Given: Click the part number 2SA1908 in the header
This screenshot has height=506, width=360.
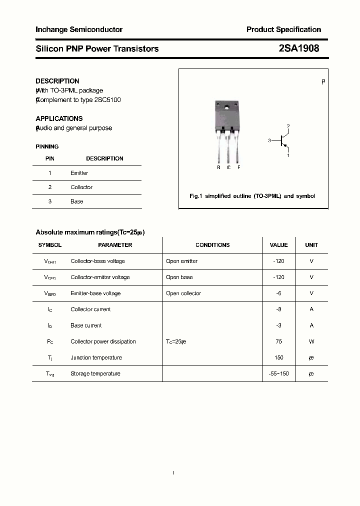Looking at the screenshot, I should [299, 48].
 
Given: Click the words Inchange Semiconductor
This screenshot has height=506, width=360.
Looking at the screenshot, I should [79, 29].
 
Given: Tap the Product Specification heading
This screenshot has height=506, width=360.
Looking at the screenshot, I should [283, 29].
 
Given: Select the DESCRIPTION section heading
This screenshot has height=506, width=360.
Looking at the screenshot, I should [57, 81].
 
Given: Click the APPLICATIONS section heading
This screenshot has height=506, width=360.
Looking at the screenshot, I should [59, 119].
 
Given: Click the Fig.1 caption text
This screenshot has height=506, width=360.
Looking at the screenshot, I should [252, 196].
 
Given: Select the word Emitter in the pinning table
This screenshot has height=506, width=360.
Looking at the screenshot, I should [79, 173].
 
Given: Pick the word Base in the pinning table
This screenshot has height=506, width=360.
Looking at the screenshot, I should [76, 201].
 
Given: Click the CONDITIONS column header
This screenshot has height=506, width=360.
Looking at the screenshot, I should [212, 245].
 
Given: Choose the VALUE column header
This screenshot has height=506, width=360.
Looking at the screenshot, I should [278, 245].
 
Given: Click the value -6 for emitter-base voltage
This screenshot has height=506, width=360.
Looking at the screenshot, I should [278, 293].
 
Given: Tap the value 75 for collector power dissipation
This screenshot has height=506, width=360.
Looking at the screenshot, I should [278, 341].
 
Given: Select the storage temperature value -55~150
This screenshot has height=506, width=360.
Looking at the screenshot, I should [278, 374].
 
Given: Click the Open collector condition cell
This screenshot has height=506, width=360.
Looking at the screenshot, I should [183, 293].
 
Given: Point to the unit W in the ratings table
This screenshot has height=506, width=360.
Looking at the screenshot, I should [311, 341].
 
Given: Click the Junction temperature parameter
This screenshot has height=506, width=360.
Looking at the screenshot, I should [96, 357].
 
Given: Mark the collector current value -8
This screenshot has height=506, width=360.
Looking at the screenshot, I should [278, 309].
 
